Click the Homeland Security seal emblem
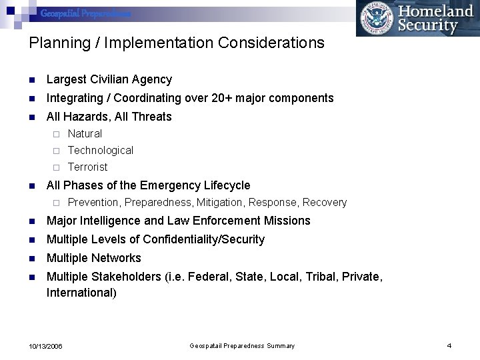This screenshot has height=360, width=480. [375, 18]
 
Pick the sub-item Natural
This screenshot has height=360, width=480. [85, 134]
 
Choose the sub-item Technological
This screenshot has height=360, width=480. [101, 151]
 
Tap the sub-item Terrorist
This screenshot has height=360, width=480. [87, 167]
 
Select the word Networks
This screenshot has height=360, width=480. [117, 258]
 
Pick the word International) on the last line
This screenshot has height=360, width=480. [81, 293]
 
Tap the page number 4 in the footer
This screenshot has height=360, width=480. [449, 345]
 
